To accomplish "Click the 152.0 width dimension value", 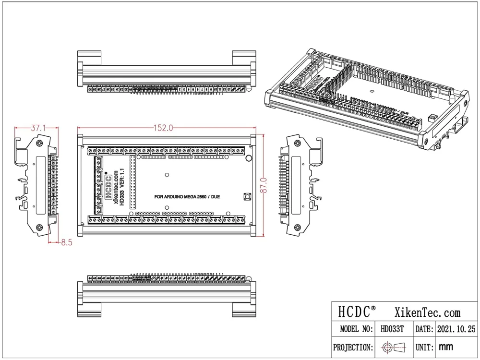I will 163,128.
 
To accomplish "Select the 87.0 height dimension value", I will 263,184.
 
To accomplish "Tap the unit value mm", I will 446,347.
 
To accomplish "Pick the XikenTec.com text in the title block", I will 427,312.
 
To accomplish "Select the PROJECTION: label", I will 353,347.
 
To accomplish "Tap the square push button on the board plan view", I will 248,196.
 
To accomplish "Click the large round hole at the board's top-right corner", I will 249,159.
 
